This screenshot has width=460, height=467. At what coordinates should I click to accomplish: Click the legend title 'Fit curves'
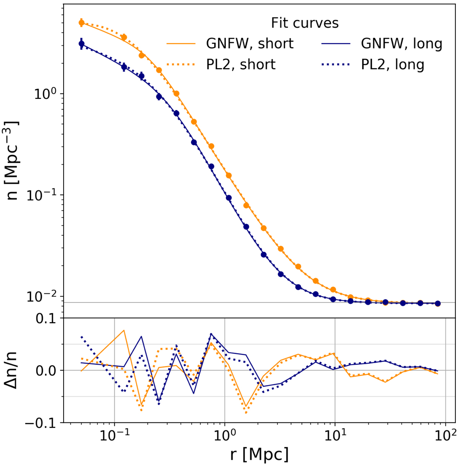pyautogui.click(x=305, y=23)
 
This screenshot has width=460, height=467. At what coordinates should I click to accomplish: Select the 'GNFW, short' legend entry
pyautogui.click(x=250, y=44)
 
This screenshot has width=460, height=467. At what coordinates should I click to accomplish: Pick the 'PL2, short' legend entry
pyautogui.click(x=241, y=64)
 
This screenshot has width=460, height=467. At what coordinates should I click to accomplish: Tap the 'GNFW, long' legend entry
pyautogui.click(x=402, y=44)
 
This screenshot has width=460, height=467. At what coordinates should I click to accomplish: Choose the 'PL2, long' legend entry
pyautogui.click(x=393, y=64)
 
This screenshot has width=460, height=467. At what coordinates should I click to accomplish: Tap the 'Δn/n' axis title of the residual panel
pyautogui.click(x=13, y=370)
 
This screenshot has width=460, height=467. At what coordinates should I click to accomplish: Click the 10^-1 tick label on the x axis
pyautogui.click(x=115, y=435)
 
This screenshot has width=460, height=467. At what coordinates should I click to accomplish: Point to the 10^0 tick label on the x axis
pyautogui.click(x=225, y=435)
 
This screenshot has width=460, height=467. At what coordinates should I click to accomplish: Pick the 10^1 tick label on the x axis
pyautogui.click(x=335, y=435)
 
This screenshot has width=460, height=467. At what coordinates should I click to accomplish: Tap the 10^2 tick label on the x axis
pyautogui.click(x=445, y=435)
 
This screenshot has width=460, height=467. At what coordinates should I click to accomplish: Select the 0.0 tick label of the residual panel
pyautogui.click(x=46, y=370)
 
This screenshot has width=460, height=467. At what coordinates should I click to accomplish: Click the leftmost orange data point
pyautogui.click(x=81, y=23)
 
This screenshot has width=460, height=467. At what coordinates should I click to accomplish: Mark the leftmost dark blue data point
pyautogui.click(x=81, y=44)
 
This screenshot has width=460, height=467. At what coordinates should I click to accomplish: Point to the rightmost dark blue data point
pyautogui.click(x=438, y=303)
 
